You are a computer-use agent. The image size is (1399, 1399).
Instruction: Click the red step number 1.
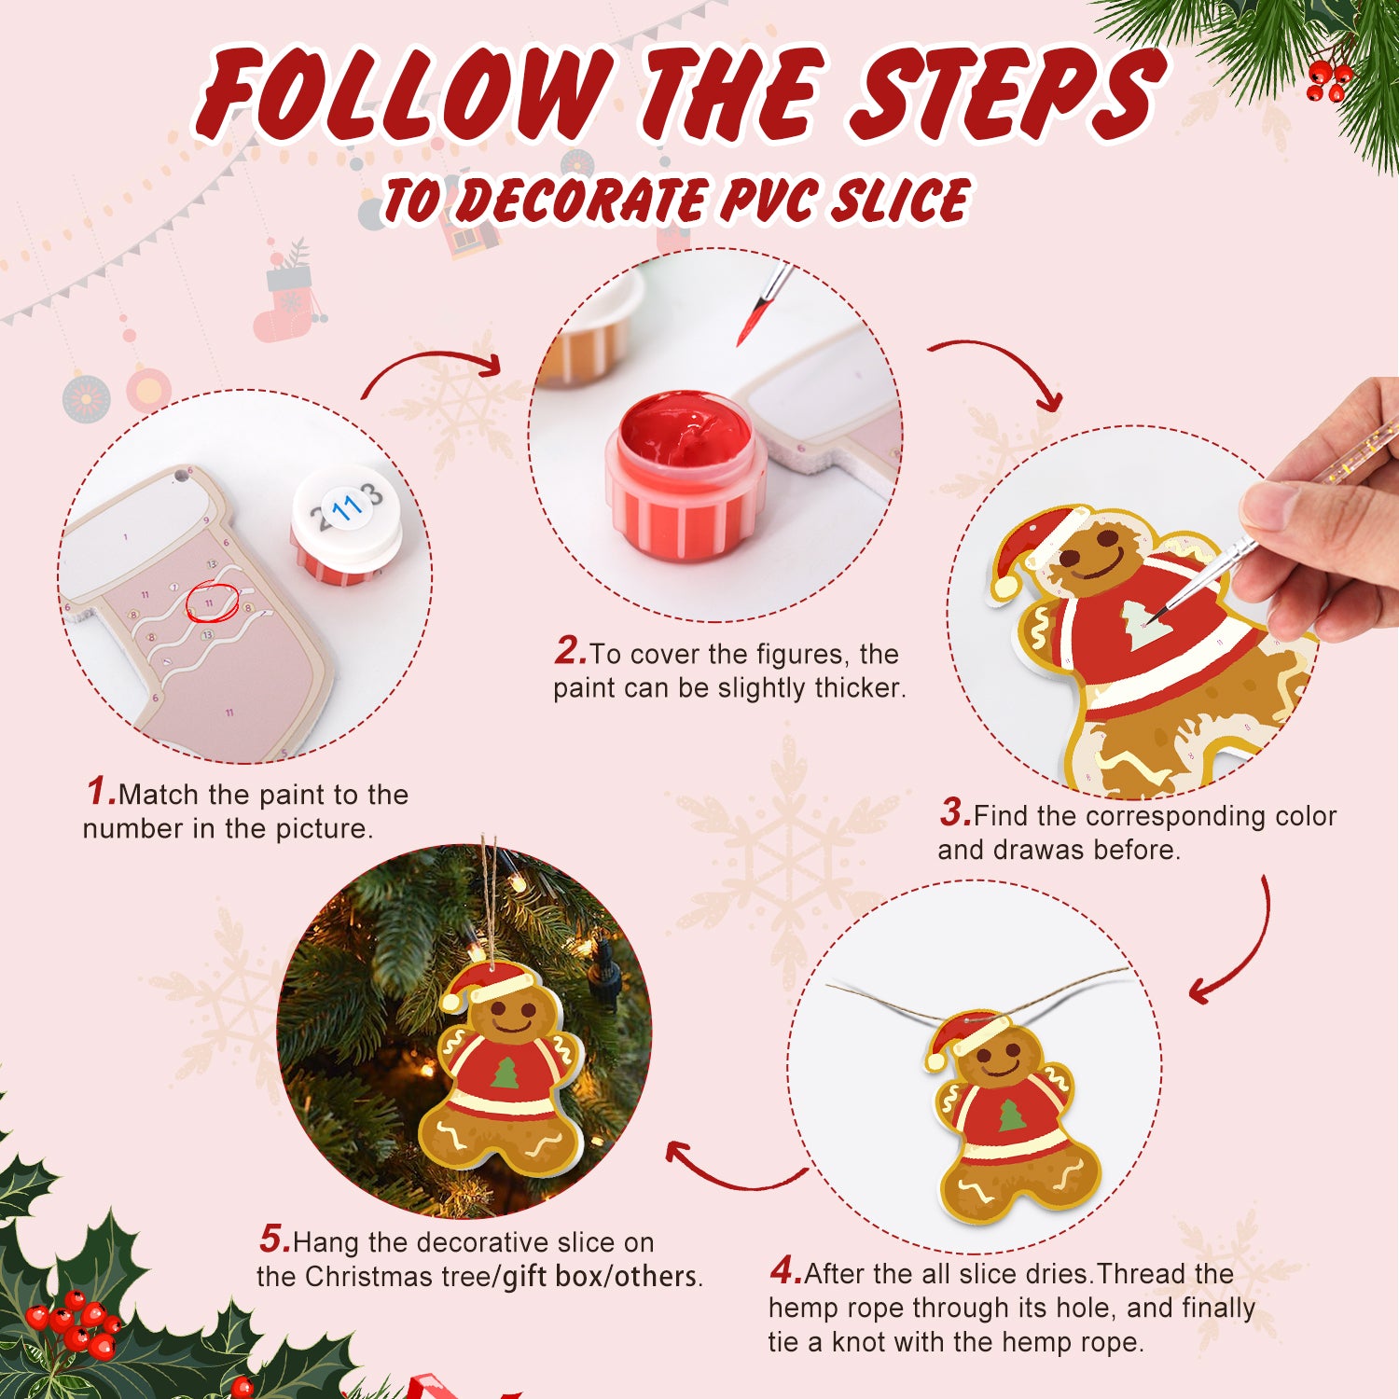(x=100, y=792)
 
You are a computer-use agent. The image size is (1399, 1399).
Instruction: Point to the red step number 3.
(x=954, y=812)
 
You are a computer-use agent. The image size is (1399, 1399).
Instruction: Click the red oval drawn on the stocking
(x=212, y=603)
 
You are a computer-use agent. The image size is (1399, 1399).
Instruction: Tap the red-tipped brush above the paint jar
(x=760, y=308)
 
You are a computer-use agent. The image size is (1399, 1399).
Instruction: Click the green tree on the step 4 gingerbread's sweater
(x=1011, y=1116)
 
